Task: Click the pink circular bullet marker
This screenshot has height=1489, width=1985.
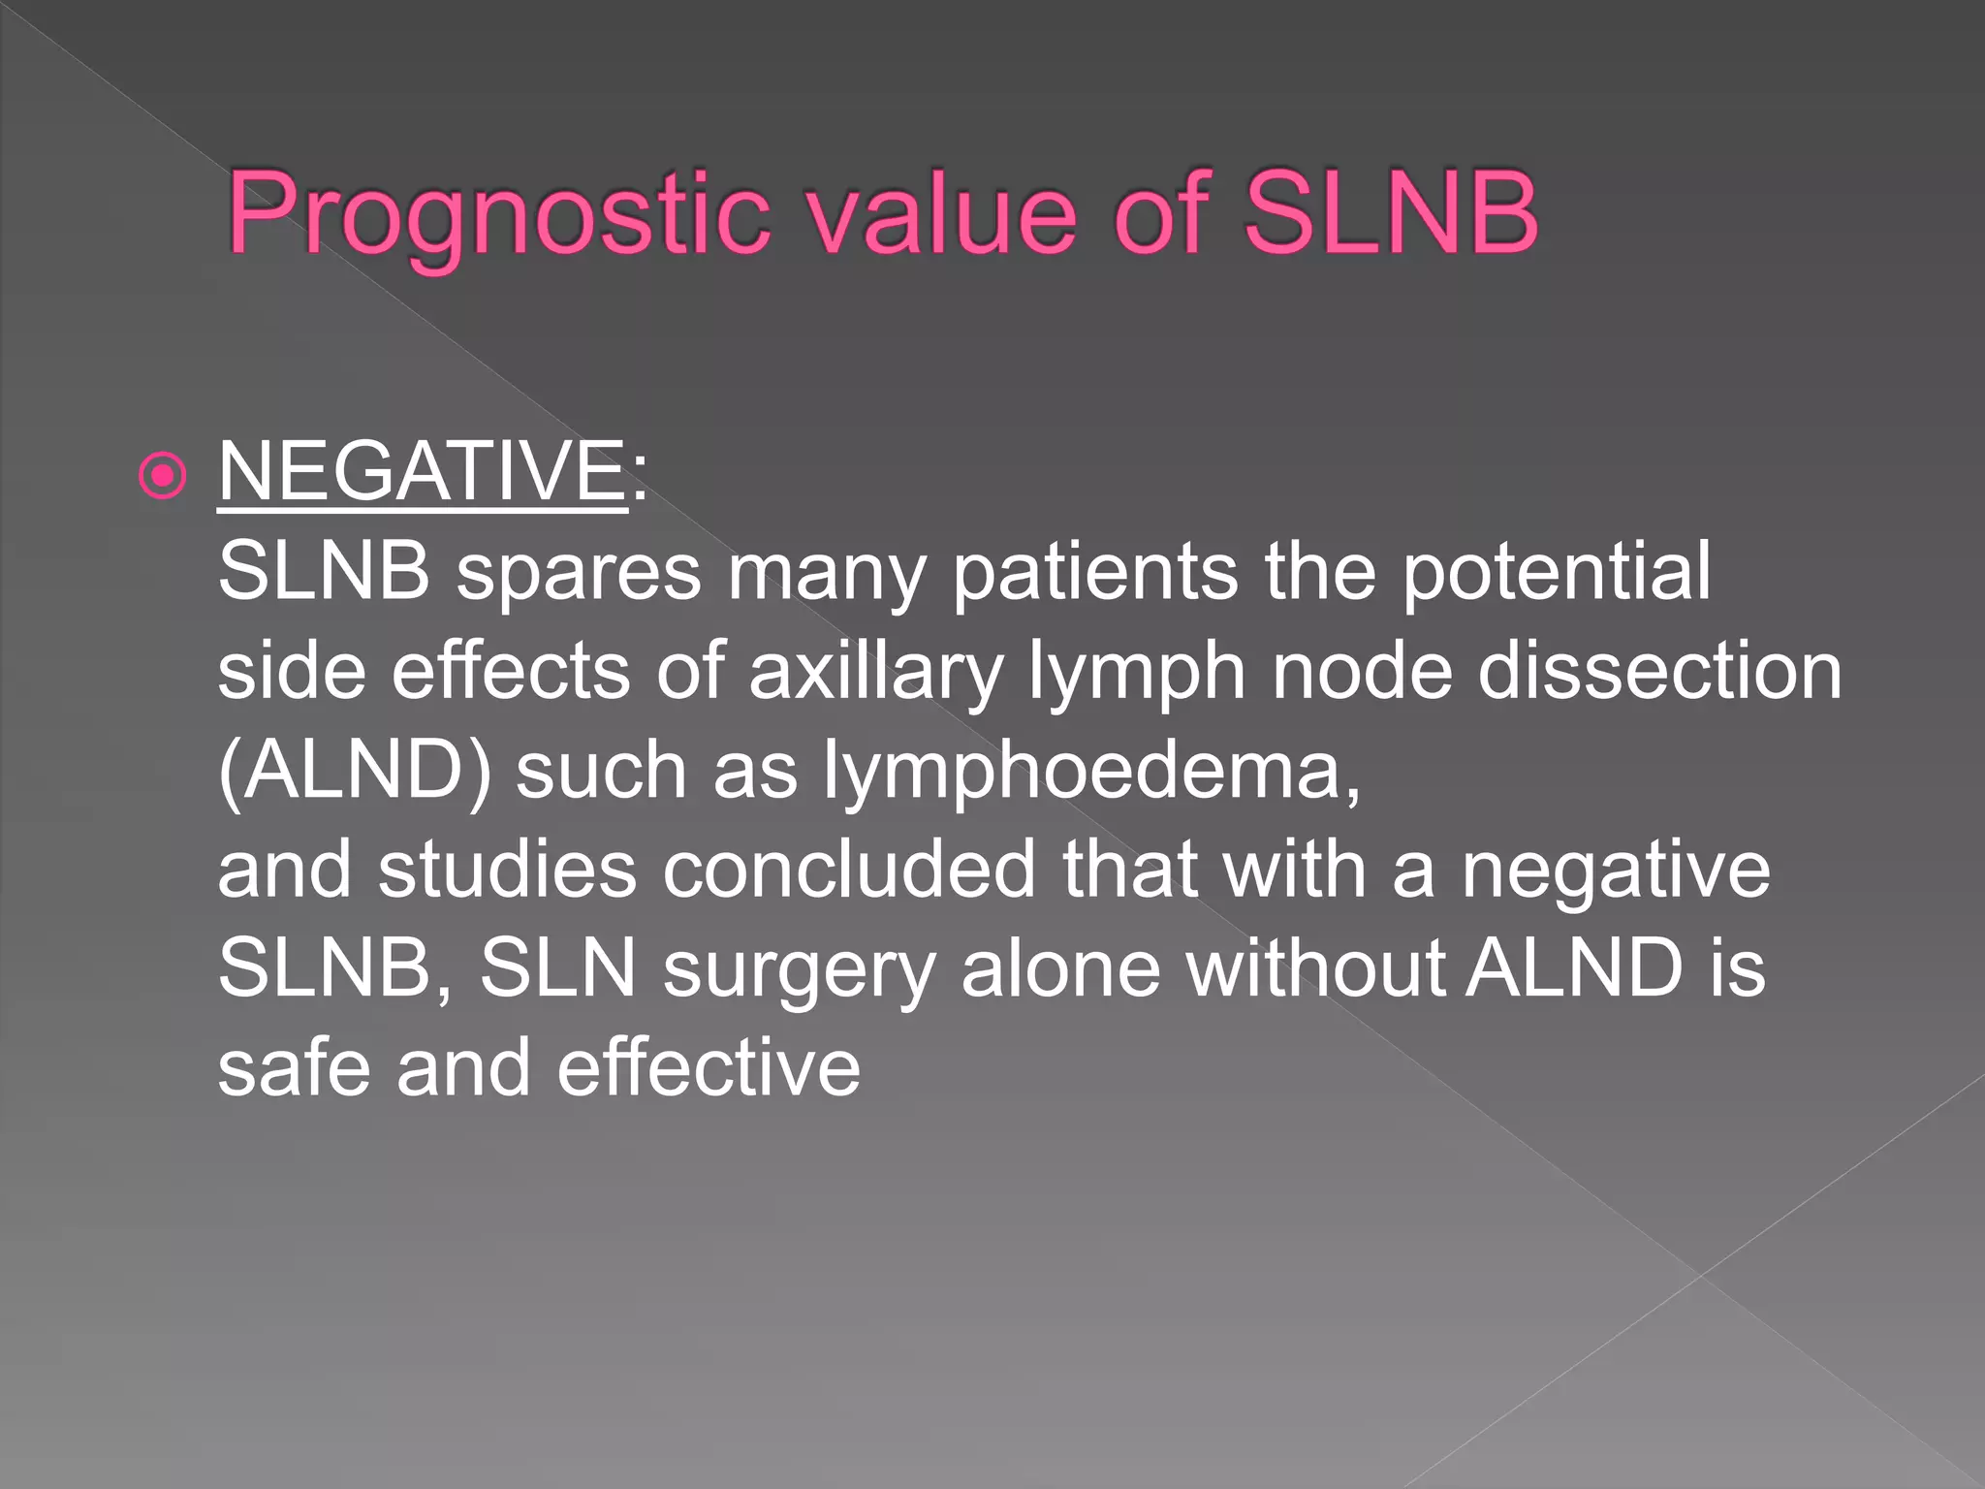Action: tap(162, 475)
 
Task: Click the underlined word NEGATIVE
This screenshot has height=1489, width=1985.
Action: tap(423, 471)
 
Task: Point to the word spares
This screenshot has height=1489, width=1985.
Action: tap(579, 572)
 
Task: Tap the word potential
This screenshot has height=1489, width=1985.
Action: tap(1557, 572)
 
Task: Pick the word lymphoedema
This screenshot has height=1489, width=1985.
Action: tap(1092, 772)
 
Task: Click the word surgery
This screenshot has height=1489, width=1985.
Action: tap(799, 969)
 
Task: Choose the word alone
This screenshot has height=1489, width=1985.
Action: tap(1060, 968)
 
